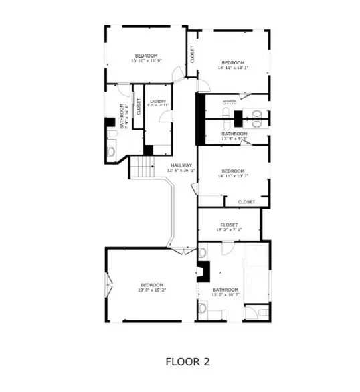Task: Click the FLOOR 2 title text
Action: click(x=187, y=361)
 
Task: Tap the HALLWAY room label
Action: click(x=181, y=165)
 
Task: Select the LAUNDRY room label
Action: click(x=158, y=102)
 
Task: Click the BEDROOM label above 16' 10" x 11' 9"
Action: click(x=146, y=55)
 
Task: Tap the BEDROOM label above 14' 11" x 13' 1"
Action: click(x=233, y=62)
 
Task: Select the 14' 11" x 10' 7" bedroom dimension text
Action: click(x=233, y=176)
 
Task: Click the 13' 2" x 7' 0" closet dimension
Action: click(x=229, y=229)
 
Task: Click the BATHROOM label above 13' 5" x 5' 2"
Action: click(x=234, y=134)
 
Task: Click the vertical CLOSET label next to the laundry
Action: click(x=139, y=107)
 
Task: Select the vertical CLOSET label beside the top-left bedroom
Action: click(x=192, y=54)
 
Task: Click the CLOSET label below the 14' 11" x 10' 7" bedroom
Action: click(x=246, y=201)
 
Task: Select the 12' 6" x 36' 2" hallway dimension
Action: click(x=181, y=171)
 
